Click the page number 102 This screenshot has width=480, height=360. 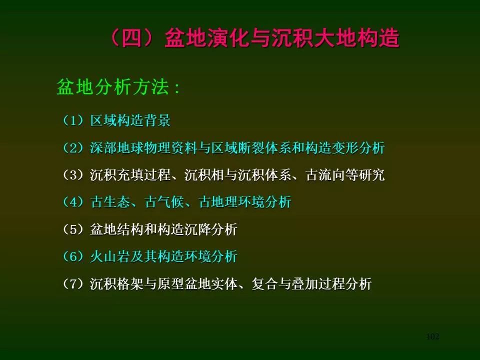coord(433,336)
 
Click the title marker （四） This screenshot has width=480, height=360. coord(132,38)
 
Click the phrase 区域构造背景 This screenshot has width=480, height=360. coord(130,120)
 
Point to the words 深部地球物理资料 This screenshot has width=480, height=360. coord(143,148)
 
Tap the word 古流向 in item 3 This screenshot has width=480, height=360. coord(325,175)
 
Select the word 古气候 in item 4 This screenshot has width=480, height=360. coord(164,202)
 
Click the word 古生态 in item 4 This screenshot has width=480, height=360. coord(109,202)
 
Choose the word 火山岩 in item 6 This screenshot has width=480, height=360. coord(109,256)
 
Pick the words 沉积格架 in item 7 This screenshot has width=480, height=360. coord(116,283)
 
